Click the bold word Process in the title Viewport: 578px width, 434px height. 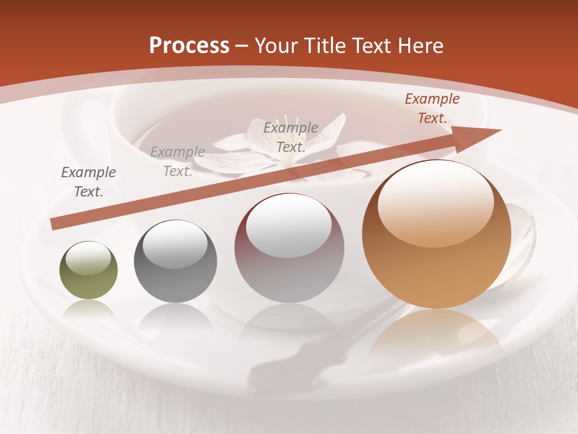pos(189,46)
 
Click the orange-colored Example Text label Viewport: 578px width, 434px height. pos(432,108)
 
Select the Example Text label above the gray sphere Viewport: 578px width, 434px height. pos(177,161)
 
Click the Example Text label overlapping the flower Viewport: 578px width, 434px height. pos(291,137)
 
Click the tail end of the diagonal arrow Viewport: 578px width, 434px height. pos(56,225)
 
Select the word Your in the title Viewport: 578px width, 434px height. pos(278,46)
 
